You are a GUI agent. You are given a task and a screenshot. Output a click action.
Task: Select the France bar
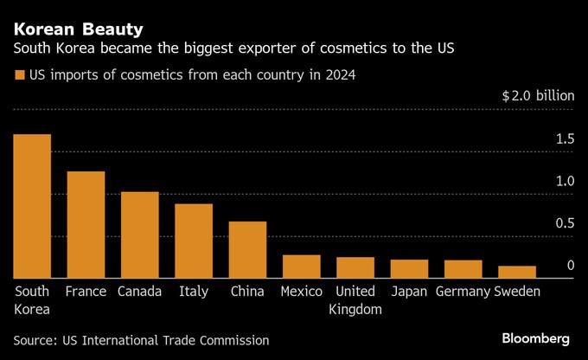(x=86, y=225)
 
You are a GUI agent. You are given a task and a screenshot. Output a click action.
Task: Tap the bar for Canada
(x=139, y=235)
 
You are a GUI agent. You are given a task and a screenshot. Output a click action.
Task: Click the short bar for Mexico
(x=302, y=267)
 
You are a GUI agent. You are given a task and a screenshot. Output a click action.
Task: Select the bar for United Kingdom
(x=355, y=267)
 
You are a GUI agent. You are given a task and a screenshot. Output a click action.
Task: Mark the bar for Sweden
(x=517, y=272)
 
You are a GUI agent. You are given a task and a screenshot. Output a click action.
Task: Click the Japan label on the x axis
(x=409, y=292)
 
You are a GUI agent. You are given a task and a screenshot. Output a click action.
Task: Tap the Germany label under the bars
(x=463, y=292)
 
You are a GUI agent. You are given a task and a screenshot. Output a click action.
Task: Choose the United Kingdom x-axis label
(x=355, y=300)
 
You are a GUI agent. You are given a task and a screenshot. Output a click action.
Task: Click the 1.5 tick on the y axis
(x=566, y=139)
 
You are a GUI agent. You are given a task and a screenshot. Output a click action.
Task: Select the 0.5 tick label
(x=566, y=223)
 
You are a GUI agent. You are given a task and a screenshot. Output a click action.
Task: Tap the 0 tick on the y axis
(x=571, y=266)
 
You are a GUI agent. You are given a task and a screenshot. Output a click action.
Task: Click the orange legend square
(x=19, y=75)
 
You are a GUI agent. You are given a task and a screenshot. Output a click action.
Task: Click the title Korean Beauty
(x=71, y=17)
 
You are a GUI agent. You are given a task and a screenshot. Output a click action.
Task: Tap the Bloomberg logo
(x=535, y=337)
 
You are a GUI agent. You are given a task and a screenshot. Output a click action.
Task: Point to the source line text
(x=141, y=340)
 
